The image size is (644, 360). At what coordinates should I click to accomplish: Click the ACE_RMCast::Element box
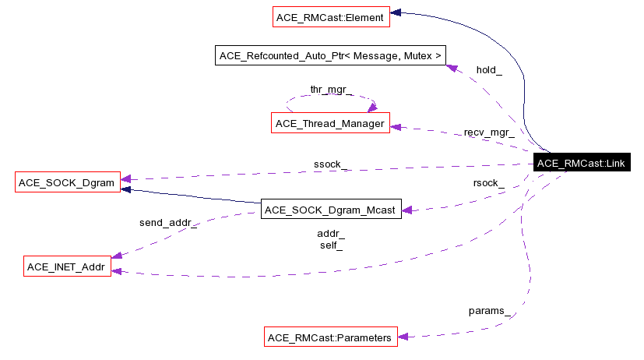[x=330, y=16]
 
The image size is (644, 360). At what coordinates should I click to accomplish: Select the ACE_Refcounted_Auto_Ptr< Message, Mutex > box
[x=331, y=55]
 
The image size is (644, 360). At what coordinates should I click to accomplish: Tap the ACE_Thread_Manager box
[x=330, y=123]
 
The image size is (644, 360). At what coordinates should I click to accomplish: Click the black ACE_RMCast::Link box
[x=582, y=163]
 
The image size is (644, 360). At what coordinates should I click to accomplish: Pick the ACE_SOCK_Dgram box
[x=65, y=184]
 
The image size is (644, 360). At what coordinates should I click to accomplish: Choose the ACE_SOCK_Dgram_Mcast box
[x=330, y=209]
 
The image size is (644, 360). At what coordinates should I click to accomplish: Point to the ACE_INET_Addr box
[x=65, y=266]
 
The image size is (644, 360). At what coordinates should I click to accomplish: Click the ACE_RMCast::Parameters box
[x=330, y=337]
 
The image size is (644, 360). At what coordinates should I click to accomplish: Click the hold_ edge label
[x=489, y=70]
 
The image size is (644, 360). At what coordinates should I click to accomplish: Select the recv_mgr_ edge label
[x=488, y=132]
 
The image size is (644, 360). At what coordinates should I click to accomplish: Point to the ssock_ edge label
[x=331, y=164]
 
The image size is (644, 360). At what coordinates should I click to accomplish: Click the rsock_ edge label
[x=488, y=183]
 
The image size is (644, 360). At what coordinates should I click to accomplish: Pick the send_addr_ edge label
[x=167, y=223]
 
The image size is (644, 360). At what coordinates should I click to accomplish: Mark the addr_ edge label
[x=331, y=233]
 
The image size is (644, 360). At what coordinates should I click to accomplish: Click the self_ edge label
[x=331, y=245]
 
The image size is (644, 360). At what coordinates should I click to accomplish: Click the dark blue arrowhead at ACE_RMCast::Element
[x=396, y=12]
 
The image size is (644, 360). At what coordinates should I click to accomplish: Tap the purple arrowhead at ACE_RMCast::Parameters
[x=404, y=337]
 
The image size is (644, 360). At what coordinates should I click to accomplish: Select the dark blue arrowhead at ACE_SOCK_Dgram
[x=127, y=188]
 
